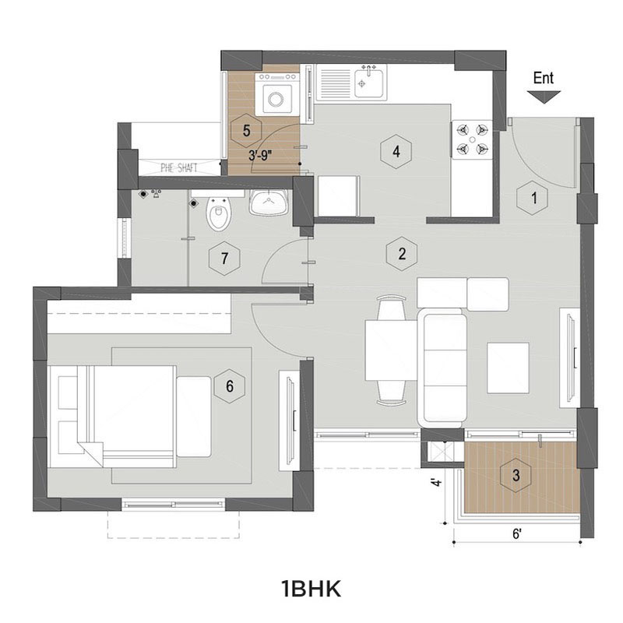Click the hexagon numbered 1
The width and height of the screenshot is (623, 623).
(533, 198)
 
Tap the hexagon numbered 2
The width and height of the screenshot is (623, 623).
(402, 254)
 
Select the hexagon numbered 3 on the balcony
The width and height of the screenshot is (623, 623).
(516, 475)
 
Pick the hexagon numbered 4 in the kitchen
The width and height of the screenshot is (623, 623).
(396, 151)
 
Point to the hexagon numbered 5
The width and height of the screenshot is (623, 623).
(246, 130)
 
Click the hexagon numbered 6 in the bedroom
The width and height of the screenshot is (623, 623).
(230, 385)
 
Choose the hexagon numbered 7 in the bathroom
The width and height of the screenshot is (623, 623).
(224, 259)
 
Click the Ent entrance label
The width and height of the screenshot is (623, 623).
(543, 79)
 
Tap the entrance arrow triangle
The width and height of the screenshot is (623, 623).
(544, 97)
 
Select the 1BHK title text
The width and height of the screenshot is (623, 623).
(311, 589)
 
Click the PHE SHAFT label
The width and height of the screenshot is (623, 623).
(179, 167)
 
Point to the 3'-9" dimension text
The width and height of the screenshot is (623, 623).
(260, 155)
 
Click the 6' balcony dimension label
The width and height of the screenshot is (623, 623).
(516, 534)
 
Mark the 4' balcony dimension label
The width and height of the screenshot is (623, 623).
(437, 482)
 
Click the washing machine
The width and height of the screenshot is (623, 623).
(277, 94)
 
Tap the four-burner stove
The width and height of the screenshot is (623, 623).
(472, 139)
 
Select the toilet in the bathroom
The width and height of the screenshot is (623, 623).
(218, 210)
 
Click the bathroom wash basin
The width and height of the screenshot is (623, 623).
(269, 202)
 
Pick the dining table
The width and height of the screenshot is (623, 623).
(391, 350)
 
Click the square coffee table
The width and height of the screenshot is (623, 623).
(508, 368)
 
